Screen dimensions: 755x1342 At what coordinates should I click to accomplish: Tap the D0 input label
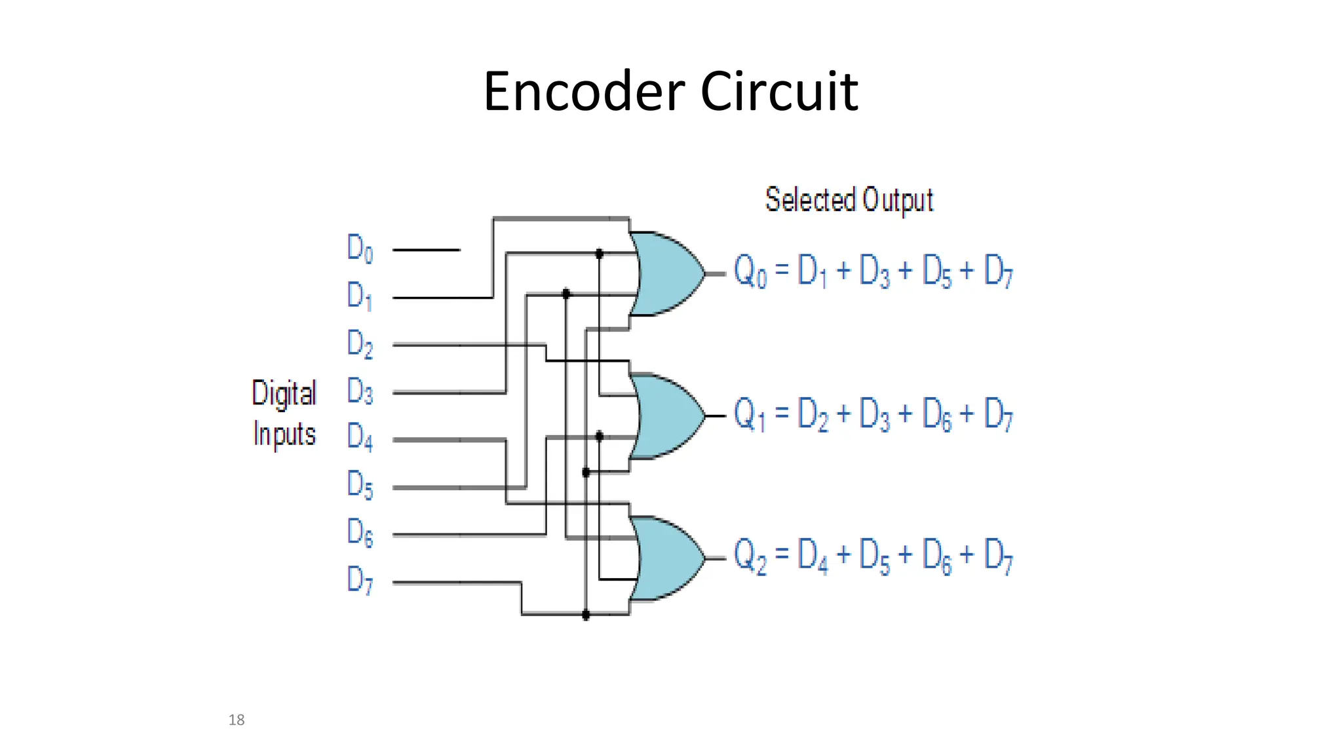(360, 248)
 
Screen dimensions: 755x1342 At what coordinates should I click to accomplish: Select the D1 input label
(360, 296)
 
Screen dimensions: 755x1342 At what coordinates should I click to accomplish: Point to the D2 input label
(360, 344)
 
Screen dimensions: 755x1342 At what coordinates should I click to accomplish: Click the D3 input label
(360, 391)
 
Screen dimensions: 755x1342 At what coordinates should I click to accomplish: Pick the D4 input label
(360, 437)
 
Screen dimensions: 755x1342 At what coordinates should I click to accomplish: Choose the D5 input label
(360, 486)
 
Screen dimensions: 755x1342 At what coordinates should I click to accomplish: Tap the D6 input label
(360, 532)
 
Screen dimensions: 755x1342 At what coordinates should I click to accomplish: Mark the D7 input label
(360, 580)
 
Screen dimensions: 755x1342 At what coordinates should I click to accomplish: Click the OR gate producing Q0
(665, 273)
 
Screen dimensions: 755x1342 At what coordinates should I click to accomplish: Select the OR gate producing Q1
(665, 416)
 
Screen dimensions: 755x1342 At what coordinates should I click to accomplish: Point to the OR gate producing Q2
(665, 558)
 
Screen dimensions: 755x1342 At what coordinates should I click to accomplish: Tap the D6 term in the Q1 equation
(936, 414)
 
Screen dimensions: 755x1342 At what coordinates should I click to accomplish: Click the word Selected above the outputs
(810, 199)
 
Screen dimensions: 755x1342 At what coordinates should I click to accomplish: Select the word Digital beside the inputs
(284, 394)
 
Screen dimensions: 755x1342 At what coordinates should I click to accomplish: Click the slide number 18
(237, 720)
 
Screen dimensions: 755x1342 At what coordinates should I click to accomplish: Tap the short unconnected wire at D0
(426, 250)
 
